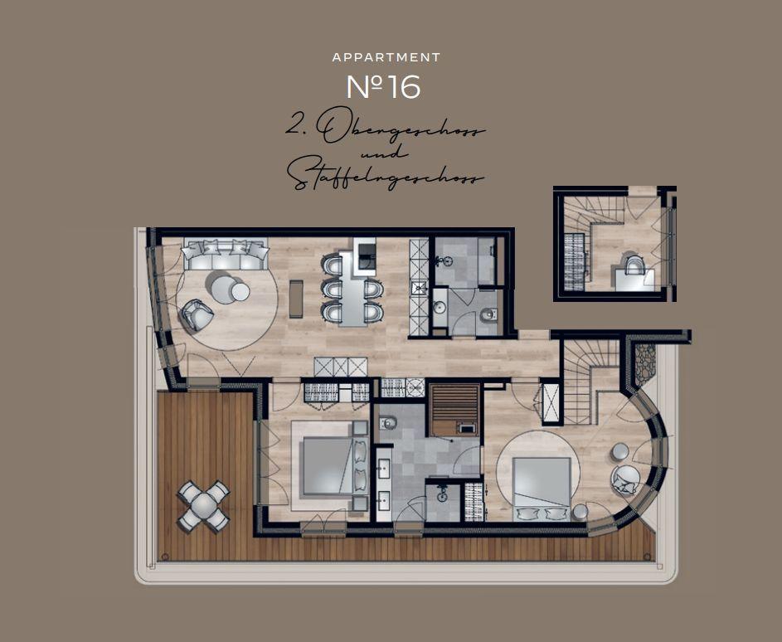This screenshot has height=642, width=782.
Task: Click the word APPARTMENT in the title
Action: (386, 57)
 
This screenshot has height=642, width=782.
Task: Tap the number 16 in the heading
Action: (404, 87)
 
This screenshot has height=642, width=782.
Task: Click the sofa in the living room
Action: (225, 255)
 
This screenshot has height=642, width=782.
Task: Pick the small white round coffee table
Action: (240, 292)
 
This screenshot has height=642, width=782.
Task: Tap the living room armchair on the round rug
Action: (197, 314)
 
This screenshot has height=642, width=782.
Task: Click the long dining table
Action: (353, 289)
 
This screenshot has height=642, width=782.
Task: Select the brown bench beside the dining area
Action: (296, 299)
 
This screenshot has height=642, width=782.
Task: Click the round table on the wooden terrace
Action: (204, 507)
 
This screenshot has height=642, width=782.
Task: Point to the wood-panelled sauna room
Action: (454, 410)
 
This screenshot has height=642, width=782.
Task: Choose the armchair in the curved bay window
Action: (626, 480)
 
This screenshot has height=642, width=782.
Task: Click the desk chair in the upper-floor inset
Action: (634, 264)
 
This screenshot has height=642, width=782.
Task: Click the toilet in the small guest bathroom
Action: (488, 315)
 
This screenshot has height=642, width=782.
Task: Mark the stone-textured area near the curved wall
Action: (645, 362)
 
